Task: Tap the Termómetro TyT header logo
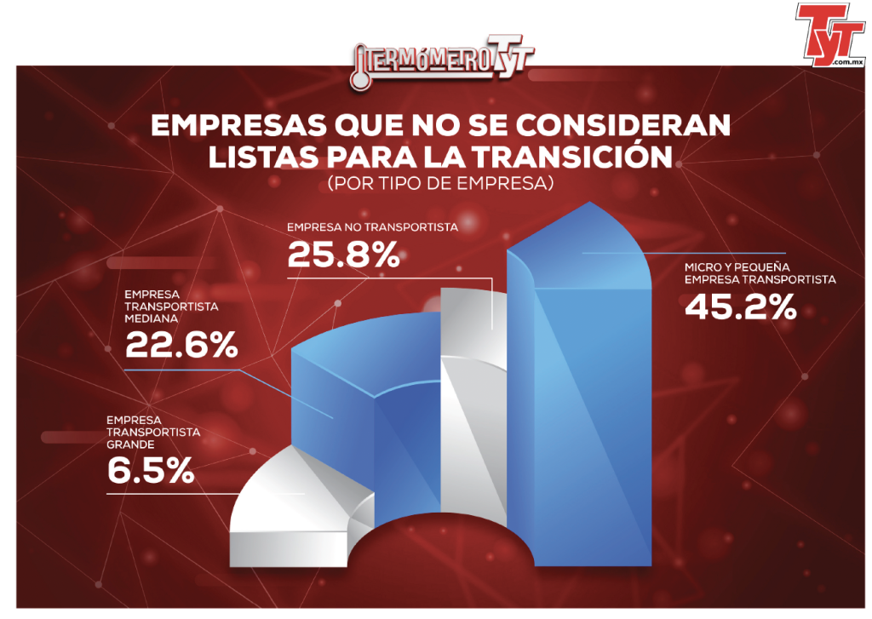tap(442, 63)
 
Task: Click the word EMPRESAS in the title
tap(238, 126)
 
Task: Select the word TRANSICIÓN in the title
tap(573, 157)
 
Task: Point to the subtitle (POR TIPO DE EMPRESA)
tap(440, 183)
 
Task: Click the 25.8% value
tap(343, 255)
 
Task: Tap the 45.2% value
tap(740, 307)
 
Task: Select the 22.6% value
tap(181, 345)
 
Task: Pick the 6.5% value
tap(151, 471)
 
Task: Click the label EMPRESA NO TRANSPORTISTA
tap(372, 227)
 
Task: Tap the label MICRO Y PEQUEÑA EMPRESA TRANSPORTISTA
tap(760, 273)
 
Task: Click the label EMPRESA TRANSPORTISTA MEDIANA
tap(171, 307)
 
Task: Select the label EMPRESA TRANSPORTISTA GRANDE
tap(153, 433)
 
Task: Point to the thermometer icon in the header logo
tap(360, 69)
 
